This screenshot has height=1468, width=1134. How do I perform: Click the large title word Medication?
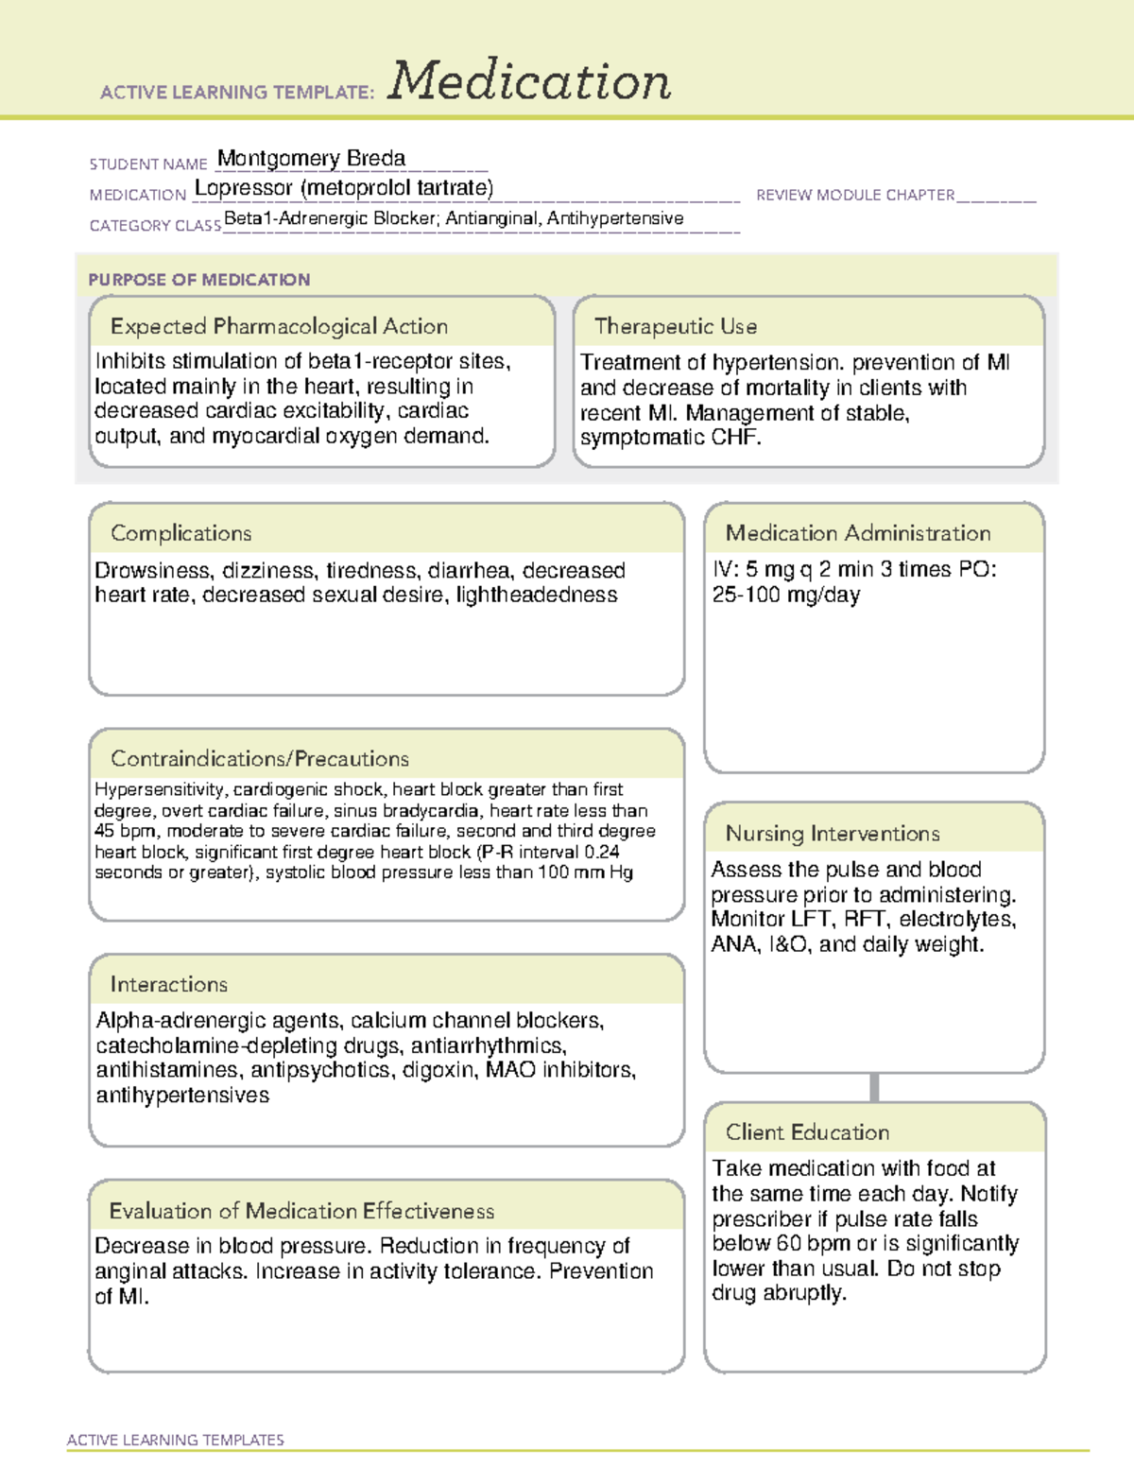(529, 81)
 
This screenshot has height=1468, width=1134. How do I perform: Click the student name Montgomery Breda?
(311, 159)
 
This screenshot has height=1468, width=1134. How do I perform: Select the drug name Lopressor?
(244, 188)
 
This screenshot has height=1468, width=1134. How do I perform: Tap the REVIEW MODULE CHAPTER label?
(855, 195)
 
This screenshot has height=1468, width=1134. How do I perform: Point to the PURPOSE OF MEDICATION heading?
(198, 280)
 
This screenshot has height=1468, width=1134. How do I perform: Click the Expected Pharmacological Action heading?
(279, 326)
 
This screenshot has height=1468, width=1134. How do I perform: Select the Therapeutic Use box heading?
(675, 326)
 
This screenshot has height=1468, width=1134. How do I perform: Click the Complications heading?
(180, 533)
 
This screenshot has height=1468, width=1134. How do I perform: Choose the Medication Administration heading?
(857, 533)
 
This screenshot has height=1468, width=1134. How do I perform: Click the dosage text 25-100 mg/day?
(785, 596)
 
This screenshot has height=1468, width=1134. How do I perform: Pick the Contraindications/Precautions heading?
(259, 758)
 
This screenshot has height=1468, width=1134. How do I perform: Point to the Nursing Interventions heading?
(832, 834)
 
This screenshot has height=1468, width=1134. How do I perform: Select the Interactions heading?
(168, 984)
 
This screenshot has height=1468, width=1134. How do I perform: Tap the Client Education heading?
(807, 1132)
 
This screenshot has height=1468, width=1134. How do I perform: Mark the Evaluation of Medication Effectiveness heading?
(301, 1211)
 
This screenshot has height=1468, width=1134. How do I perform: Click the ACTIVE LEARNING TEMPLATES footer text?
(175, 1440)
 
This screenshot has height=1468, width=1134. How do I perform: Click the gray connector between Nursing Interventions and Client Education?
(874, 1087)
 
